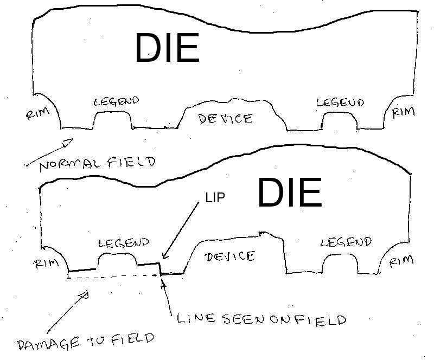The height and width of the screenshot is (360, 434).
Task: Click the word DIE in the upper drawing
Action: click(168, 48)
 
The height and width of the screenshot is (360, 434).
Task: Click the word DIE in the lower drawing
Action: click(290, 192)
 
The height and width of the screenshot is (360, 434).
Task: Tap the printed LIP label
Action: click(215, 197)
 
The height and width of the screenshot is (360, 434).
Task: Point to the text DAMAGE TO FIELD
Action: click(86, 342)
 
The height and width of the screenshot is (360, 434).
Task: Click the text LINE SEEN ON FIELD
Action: click(261, 319)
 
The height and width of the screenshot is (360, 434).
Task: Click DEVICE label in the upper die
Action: click(225, 119)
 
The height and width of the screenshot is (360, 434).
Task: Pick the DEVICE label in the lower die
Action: click(229, 256)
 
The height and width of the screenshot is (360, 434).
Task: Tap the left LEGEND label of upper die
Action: click(116, 101)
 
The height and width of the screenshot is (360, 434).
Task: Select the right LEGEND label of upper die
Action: click(340, 102)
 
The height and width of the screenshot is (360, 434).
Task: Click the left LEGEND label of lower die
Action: click(124, 243)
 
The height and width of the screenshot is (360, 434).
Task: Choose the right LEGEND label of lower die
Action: click(346, 242)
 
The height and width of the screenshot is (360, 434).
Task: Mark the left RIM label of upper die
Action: click(37, 113)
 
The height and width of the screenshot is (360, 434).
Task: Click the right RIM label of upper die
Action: click(403, 112)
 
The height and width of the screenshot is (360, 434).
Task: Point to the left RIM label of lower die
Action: click(46, 263)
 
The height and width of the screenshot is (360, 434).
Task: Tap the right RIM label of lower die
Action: click(401, 261)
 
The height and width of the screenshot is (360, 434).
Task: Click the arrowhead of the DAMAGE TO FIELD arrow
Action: click(84, 295)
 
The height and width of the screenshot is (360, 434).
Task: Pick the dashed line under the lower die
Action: click(113, 277)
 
